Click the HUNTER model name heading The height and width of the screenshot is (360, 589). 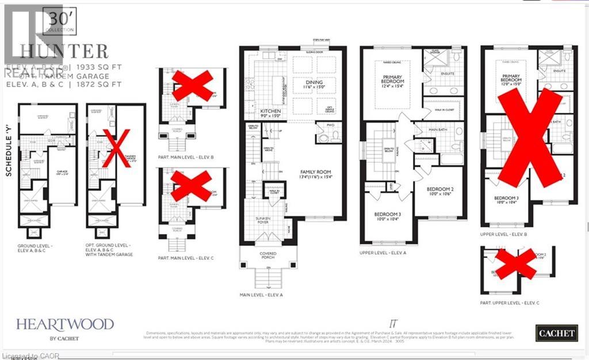pyautogui.click(x=63, y=51)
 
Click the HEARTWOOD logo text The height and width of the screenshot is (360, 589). pyautogui.click(x=64, y=324)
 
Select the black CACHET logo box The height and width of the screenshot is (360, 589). pyautogui.click(x=556, y=332)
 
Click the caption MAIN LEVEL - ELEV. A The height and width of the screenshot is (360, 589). pyautogui.click(x=265, y=295)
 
